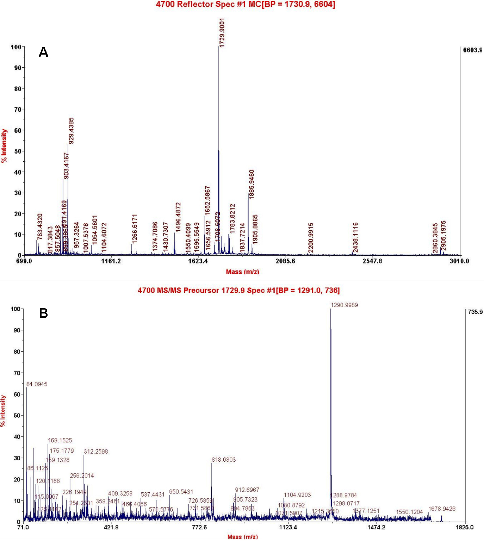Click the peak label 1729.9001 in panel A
(x=222, y=33)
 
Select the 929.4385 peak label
(x=71, y=131)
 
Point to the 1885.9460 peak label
(x=252, y=184)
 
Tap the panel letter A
(x=43, y=52)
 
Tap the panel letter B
(x=43, y=313)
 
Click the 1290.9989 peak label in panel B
(x=344, y=305)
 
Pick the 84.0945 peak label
(x=37, y=384)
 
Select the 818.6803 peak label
(x=223, y=460)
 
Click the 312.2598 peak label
(x=96, y=452)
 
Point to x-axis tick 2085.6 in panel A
(x=285, y=261)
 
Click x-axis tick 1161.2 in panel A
(x=111, y=261)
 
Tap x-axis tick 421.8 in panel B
(x=112, y=527)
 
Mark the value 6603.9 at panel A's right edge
(x=472, y=50)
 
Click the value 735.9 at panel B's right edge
(x=475, y=312)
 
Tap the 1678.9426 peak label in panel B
(x=442, y=509)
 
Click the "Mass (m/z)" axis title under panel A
(x=242, y=272)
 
